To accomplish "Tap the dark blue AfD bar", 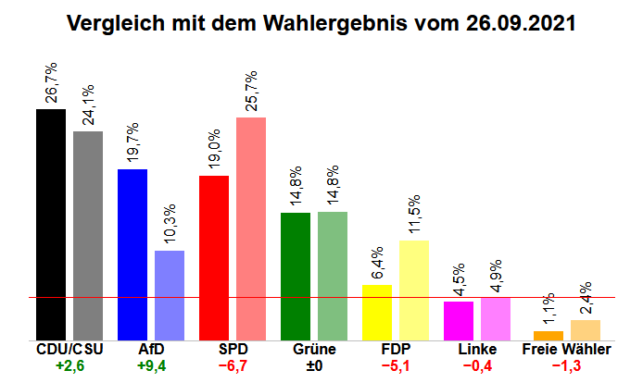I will [x=132, y=254].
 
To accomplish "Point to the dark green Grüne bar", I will [x=296, y=276].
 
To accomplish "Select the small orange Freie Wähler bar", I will [x=548, y=335].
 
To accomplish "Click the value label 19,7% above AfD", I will [x=133, y=144].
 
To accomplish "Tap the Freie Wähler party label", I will [x=566, y=350].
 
